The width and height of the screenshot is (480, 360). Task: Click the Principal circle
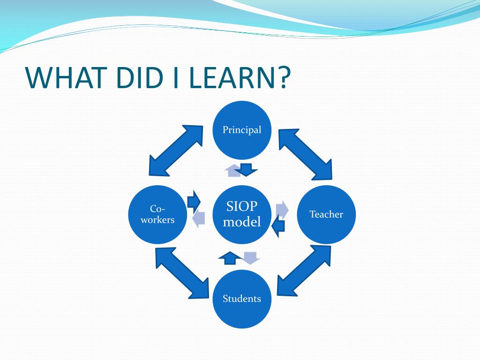[x=242, y=130]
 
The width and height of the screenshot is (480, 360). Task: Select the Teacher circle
[x=326, y=214]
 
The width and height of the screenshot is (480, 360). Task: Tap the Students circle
[x=242, y=299]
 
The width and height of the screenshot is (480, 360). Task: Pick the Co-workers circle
[x=157, y=214]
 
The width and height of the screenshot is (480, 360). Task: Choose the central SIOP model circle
[x=242, y=214]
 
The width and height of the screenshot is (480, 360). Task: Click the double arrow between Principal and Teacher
[x=305, y=155]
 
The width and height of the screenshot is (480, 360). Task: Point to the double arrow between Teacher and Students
[x=304, y=270]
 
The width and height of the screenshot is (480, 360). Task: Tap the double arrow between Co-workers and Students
[x=182, y=273]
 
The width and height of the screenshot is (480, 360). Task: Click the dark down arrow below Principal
[x=246, y=169]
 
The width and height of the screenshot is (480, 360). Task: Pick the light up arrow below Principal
[x=232, y=171]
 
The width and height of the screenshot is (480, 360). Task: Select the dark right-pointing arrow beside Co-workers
[x=193, y=201]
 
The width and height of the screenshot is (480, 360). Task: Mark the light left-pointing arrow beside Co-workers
[x=199, y=218]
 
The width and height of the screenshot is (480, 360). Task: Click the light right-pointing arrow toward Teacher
[x=282, y=210]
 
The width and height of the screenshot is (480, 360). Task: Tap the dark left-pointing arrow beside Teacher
[x=278, y=227]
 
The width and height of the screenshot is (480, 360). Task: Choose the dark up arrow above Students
[x=230, y=257]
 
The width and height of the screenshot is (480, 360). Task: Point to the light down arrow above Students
[x=251, y=257]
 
